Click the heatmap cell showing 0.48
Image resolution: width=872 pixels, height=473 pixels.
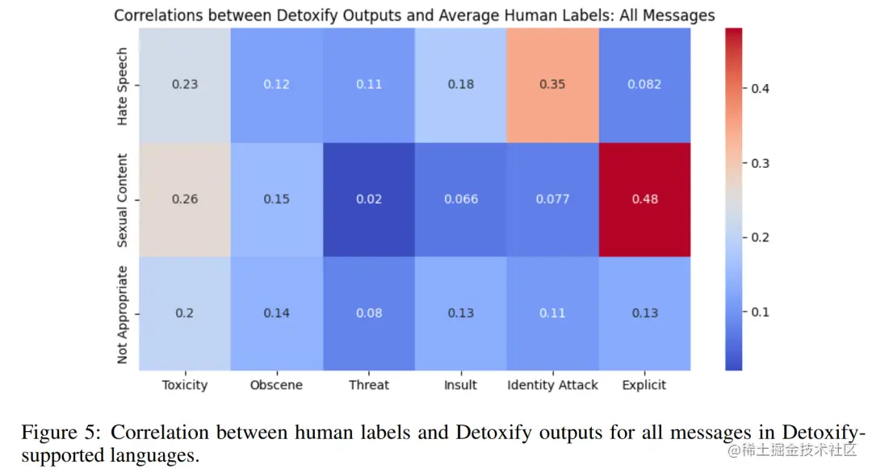pyautogui.click(x=644, y=199)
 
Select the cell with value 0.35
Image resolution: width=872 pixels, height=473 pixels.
pyautogui.click(x=552, y=85)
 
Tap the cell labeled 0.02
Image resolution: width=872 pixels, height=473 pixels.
pyautogui.click(x=369, y=199)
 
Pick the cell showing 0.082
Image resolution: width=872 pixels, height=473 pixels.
pyautogui.click(x=644, y=85)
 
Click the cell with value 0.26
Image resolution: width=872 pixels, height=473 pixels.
pyautogui.click(x=185, y=199)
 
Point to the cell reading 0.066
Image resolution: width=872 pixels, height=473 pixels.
pyautogui.click(x=461, y=199)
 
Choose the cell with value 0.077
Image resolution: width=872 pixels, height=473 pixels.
pyautogui.click(x=552, y=199)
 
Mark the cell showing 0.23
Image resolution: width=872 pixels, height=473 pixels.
pyautogui.click(x=185, y=85)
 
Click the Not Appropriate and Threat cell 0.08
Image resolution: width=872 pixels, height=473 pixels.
pyautogui.click(x=369, y=313)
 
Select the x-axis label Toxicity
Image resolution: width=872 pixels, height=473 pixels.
pyautogui.click(x=185, y=385)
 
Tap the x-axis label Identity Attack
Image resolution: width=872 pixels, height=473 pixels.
pyautogui.click(x=552, y=385)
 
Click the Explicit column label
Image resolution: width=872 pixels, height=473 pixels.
pyautogui.click(x=644, y=385)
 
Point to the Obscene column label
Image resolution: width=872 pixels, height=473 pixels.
pyautogui.click(x=276, y=385)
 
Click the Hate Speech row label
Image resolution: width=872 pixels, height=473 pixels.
pyautogui.click(x=123, y=85)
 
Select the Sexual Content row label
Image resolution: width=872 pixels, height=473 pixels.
pyautogui.click(x=123, y=199)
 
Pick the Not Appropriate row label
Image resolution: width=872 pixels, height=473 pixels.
pyautogui.click(x=123, y=313)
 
